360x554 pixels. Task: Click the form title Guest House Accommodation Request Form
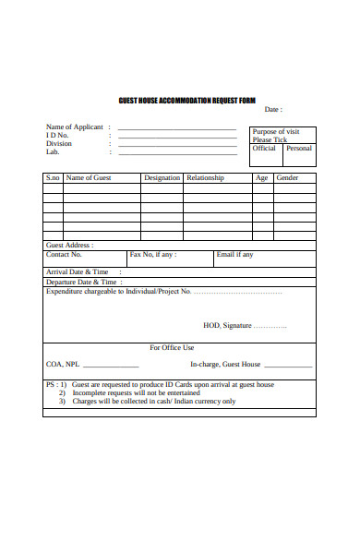coord(187,100)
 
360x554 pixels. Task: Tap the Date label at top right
coord(273,109)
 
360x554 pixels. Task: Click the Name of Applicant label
coord(75,126)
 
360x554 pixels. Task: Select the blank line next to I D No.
coord(176,136)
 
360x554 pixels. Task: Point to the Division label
coord(59,143)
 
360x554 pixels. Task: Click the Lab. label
coord(53,151)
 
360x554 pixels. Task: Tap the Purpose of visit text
coord(276,131)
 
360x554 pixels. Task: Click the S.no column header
coord(53,177)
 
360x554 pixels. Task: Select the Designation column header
coord(162,177)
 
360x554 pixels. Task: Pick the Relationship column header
coord(205,177)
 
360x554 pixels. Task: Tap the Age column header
coord(261,177)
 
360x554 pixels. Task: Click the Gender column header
coord(287,177)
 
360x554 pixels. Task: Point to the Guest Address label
coord(69,245)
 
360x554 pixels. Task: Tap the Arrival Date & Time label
coord(77,272)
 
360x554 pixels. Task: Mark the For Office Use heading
coord(172,348)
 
